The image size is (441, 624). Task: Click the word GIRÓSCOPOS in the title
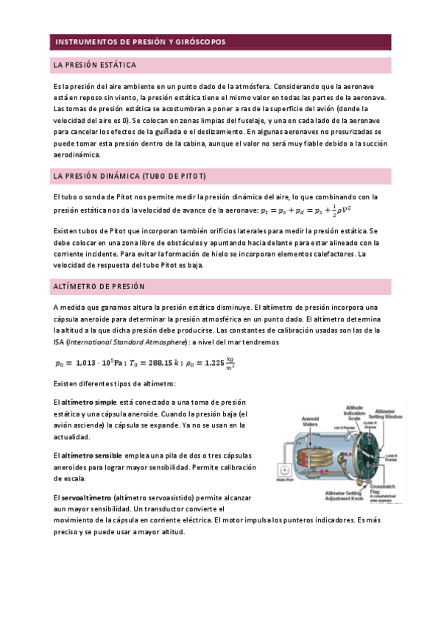pyautogui.click(x=197, y=42)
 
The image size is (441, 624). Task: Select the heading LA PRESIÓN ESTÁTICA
pyautogui.click(x=94, y=65)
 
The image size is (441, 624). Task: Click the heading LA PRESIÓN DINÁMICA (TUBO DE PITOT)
pyautogui.click(x=130, y=177)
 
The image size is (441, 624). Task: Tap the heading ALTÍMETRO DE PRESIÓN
pyautogui.click(x=99, y=286)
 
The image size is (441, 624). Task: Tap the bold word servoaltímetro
pyautogui.click(x=82, y=498)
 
